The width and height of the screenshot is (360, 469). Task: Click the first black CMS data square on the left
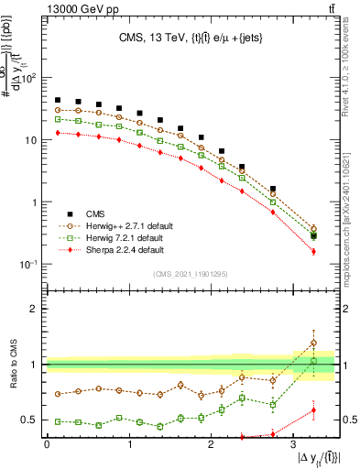tap(58, 100)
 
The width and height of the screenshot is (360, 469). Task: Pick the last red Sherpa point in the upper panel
tap(313, 251)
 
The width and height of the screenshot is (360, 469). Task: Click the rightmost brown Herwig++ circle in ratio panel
tap(313, 343)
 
